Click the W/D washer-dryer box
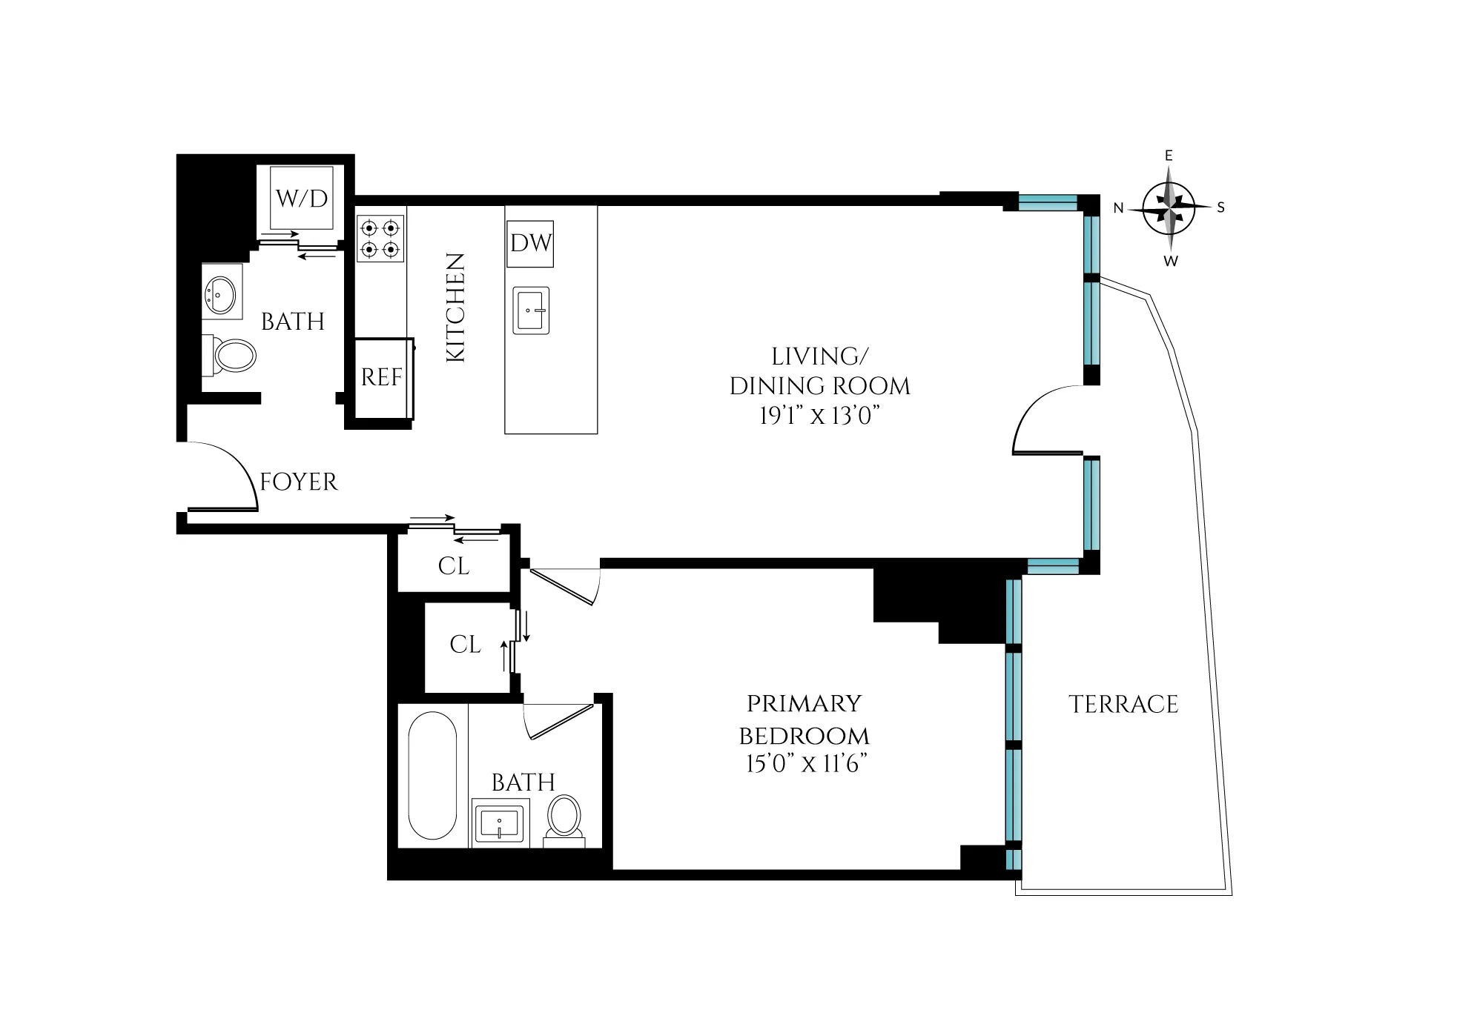(x=301, y=198)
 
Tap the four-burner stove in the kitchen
(x=380, y=239)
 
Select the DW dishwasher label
(x=531, y=243)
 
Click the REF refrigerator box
(x=382, y=377)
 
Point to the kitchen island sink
(x=531, y=310)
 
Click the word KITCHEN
(x=455, y=308)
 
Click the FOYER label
(x=299, y=482)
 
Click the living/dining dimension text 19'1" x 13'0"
(x=819, y=416)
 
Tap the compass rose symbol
(x=1169, y=208)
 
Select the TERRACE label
(x=1123, y=704)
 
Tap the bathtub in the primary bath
(x=432, y=776)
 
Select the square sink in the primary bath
(x=500, y=823)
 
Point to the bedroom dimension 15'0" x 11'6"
(x=807, y=763)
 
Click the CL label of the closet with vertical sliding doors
(x=465, y=645)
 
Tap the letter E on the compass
(x=1169, y=156)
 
